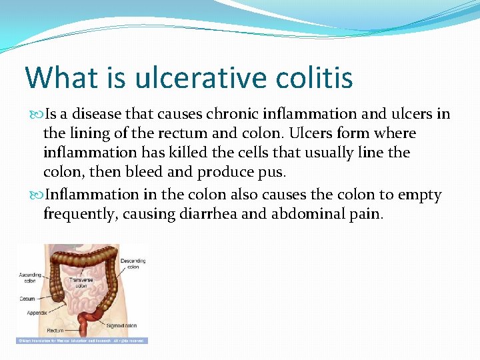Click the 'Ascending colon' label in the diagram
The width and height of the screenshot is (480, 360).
coord(29,278)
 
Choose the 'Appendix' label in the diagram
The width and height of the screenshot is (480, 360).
coord(37,312)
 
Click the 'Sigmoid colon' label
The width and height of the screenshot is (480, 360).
coord(121,326)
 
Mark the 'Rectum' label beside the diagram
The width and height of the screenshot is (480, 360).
coord(55,330)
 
